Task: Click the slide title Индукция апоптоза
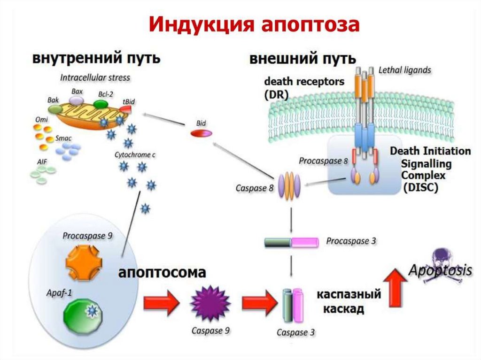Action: pos(254,25)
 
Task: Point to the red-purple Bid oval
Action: pos(201,133)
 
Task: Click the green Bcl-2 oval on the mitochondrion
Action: pos(105,102)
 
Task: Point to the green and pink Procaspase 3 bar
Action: pos(291,242)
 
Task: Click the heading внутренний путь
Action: pos(97,59)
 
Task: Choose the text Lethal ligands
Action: pos(405,70)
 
